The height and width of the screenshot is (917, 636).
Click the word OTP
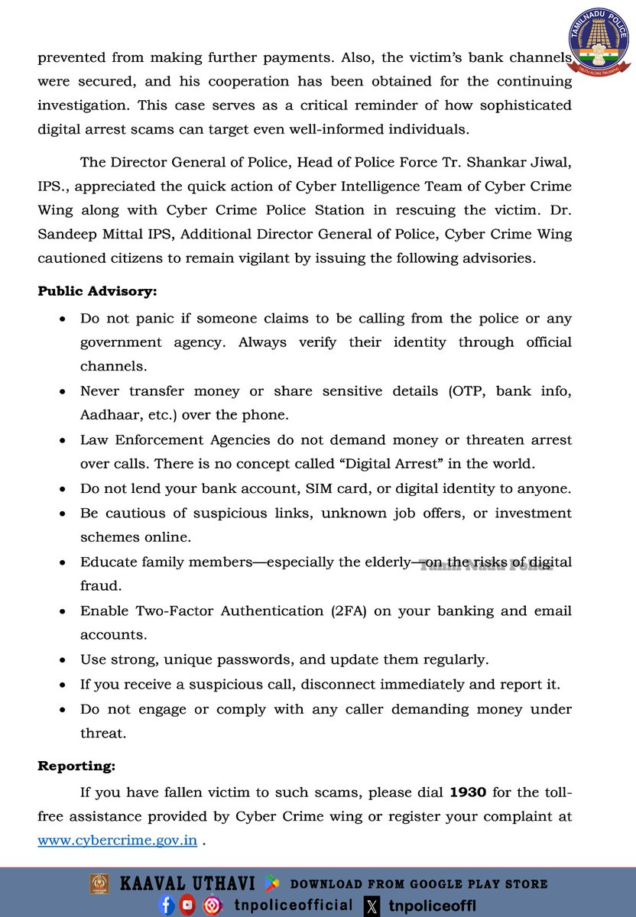point(466,391)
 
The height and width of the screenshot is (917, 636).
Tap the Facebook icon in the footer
point(167,906)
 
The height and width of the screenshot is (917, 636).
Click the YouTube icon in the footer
point(188,906)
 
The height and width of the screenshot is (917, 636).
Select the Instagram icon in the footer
point(212,906)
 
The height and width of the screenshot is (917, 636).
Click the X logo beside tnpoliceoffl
point(372,906)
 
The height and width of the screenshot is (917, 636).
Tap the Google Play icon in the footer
point(271,884)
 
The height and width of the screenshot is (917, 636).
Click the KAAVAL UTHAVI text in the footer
point(187,884)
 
